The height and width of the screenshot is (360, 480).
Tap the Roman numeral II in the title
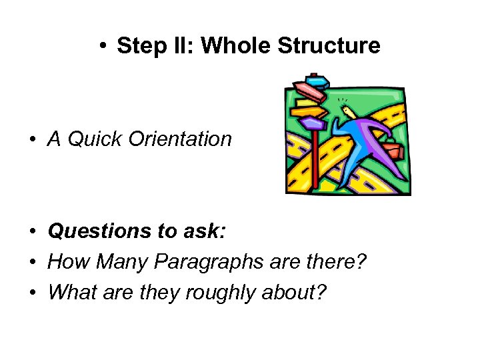(x=187, y=46)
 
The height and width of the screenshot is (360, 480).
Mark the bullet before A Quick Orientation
(x=31, y=140)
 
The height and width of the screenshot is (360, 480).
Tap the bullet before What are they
(x=31, y=293)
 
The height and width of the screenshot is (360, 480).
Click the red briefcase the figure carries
(x=393, y=150)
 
